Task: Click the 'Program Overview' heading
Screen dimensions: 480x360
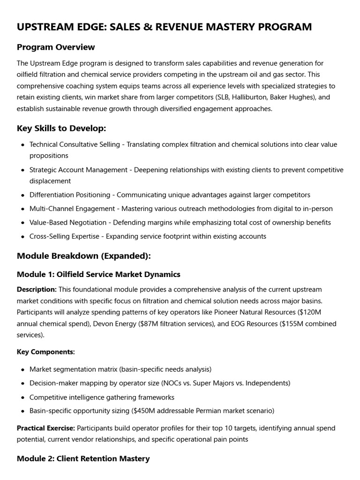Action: (x=56, y=47)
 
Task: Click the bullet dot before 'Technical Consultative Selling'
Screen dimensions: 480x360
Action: (x=23, y=145)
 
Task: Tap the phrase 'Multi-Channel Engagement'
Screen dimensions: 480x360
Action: (x=72, y=209)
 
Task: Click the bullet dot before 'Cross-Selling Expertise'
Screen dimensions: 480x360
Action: (x=23, y=237)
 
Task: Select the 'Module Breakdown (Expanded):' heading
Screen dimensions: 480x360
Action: (x=83, y=256)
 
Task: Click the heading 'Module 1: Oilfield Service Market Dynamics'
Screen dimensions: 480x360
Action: (x=98, y=274)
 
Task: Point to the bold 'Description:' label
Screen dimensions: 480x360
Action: (x=37, y=290)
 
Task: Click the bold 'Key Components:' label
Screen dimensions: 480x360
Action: (x=45, y=352)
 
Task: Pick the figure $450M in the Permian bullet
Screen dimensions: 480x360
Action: (x=146, y=411)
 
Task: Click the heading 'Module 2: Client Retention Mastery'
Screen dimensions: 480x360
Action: (x=83, y=458)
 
